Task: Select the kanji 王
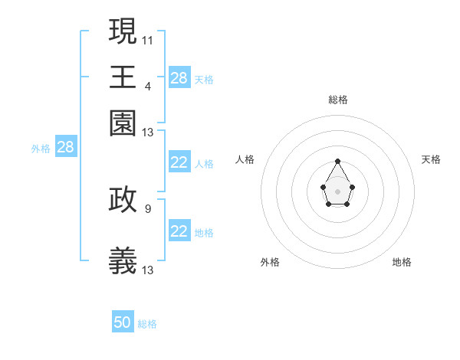click(123, 77)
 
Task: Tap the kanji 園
click(123, 124)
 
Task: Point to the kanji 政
click(123, 199)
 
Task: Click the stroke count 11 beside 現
click(148, 39)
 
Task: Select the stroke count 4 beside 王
click(148, 86)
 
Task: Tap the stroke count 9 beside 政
click(148, 208)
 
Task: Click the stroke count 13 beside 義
click(148, 270)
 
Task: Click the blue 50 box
click(123, 322)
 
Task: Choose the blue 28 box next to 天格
click(179, 77)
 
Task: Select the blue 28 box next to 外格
click(66, 148)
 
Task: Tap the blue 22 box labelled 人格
click(179, 162)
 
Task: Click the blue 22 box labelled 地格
click(179, 231)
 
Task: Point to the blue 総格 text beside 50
click(147, 324)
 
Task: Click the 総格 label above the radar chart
click(338, 100)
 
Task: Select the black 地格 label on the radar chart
click(402, 262)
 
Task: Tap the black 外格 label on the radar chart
click(270, 262)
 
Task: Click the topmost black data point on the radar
click(338, 161)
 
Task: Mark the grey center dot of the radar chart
click(338, 190)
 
